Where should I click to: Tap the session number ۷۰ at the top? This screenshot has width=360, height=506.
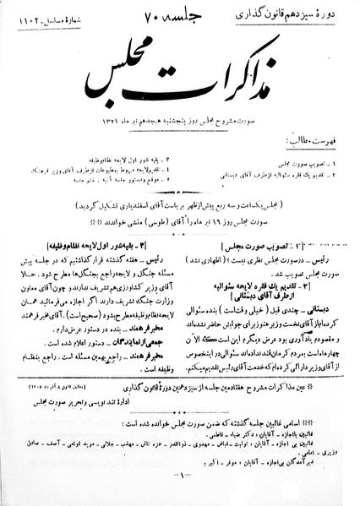point(188,19)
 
